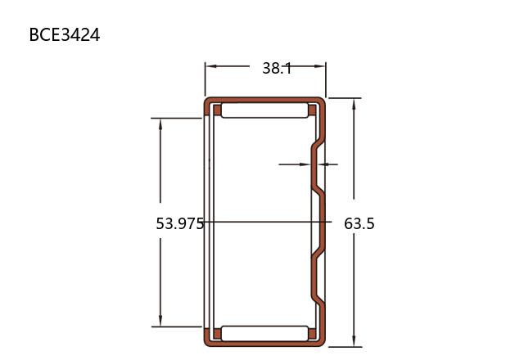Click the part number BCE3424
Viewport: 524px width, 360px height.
65,34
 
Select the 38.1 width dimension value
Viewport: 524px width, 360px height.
277,68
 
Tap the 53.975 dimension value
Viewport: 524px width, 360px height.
180,223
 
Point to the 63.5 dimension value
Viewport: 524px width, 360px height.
359,223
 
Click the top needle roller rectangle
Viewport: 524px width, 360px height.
264,110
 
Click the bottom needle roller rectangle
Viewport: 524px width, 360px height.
264,334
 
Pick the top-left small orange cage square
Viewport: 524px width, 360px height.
217,110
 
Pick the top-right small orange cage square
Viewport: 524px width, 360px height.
312,110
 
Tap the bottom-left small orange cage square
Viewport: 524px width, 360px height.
217,334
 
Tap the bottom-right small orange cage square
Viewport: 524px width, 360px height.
312,334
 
